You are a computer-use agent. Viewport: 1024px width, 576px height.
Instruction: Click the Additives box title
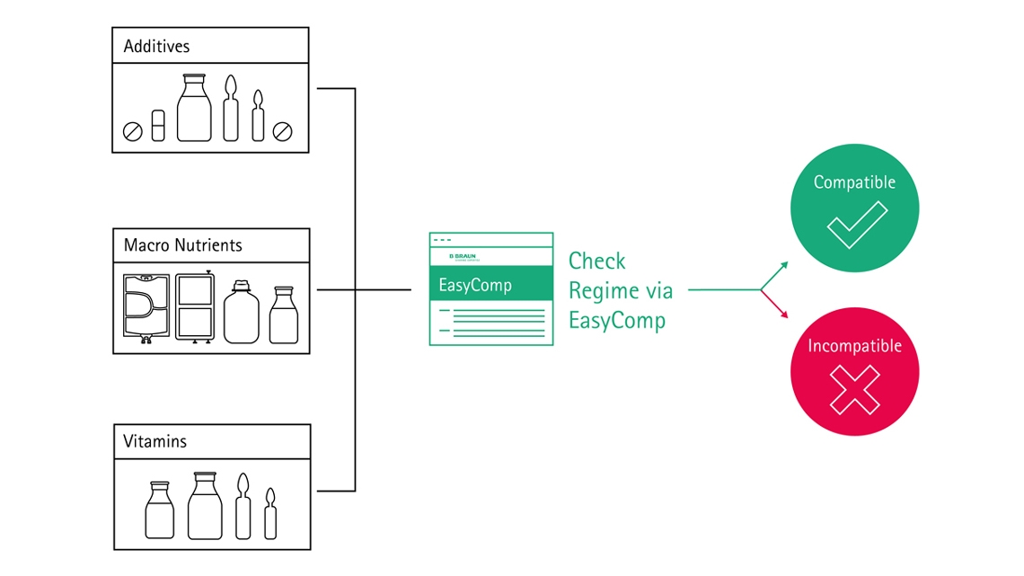tap(156, 46)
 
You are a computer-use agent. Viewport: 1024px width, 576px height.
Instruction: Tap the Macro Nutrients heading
tap(182, 245)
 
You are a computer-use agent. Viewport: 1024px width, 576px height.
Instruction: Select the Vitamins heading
tap(155, 442)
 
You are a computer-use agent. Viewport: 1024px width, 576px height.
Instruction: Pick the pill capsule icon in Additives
tap(158, 126)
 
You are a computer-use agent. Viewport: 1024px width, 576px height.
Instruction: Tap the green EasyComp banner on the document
tap(490, 286)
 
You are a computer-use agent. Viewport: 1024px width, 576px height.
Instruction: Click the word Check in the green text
tap(597, 261)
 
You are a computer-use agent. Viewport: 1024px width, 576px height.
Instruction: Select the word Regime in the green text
tap(600, 291)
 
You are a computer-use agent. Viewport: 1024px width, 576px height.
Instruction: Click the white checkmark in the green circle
tap(856, 225)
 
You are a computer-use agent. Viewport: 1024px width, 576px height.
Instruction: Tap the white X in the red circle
tap(854, 389)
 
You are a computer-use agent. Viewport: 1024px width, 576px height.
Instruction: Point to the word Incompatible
tap(854, 346)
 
